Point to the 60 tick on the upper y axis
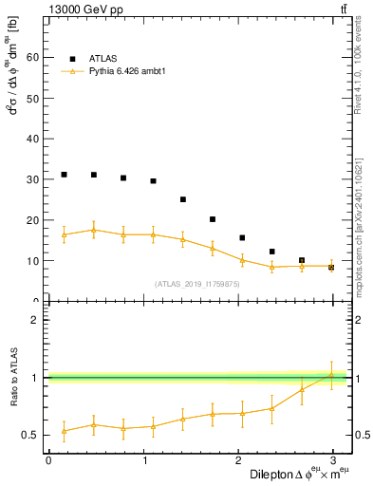pos(34,57)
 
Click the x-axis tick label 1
pos(143,459)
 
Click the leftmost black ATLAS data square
pos(64,175)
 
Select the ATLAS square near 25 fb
pos(183,199)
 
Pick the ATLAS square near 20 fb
pos(213,219)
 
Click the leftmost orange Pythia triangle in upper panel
pos(64,234)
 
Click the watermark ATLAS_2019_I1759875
pos(197,283)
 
